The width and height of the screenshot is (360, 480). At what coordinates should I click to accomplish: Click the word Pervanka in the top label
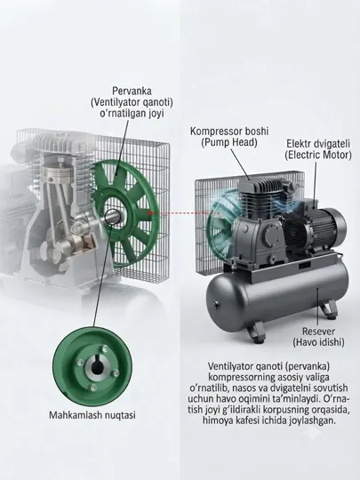coord(132,91)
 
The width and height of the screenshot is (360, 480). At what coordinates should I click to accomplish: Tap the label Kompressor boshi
coord(229,132)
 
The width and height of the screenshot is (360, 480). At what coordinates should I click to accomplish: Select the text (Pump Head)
coord(229,142)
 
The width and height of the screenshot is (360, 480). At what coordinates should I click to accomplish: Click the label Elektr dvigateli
coord(318,144)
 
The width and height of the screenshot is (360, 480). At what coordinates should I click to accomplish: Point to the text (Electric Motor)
coord(318,155)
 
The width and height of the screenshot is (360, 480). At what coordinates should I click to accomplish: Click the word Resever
coord(318,332)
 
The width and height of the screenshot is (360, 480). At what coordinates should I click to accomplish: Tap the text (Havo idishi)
coord(318,342)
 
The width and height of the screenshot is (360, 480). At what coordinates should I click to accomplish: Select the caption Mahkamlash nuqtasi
coord(92,415)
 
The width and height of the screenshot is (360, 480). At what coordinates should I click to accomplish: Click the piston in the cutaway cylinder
coord(57,174)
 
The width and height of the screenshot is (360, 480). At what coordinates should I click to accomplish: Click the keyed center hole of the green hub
coord(97,367)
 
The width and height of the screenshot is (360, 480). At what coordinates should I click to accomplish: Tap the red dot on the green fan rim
coord(150,212)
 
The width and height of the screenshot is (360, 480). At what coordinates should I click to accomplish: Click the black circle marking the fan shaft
coord(112,217)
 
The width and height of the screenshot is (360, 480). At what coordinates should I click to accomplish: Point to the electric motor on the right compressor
coord(316,228)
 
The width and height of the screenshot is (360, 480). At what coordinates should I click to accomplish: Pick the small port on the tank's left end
coord(216,305)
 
